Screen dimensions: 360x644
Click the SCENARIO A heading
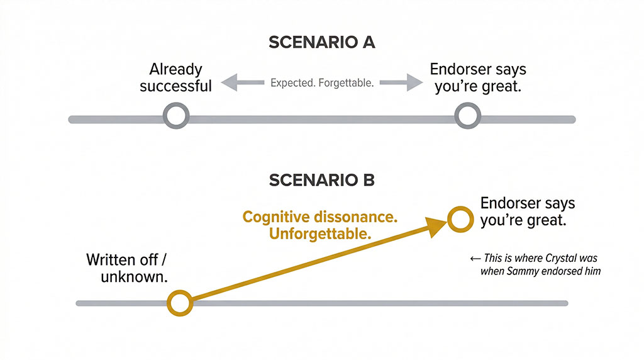pyautogui.click(x=321, y=42)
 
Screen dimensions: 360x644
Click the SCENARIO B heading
pyautogui.click(x=321, y=181)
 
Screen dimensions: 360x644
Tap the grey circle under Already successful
pyautogui.click(x=175, y=116)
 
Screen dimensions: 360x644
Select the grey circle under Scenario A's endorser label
pyautogui.click(x=467, y=116)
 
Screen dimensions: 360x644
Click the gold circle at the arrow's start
pyautogui.click(x=180, y=303)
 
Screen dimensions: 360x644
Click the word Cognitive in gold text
pyautogui.click(x=274, y=218)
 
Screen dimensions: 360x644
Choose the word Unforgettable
pyautogui.click(x=318, y=234)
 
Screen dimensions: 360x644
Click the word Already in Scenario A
pyautogui.click(x=176, y=69)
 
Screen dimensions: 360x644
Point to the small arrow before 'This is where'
pyautogui.click(x=476, y=258)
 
